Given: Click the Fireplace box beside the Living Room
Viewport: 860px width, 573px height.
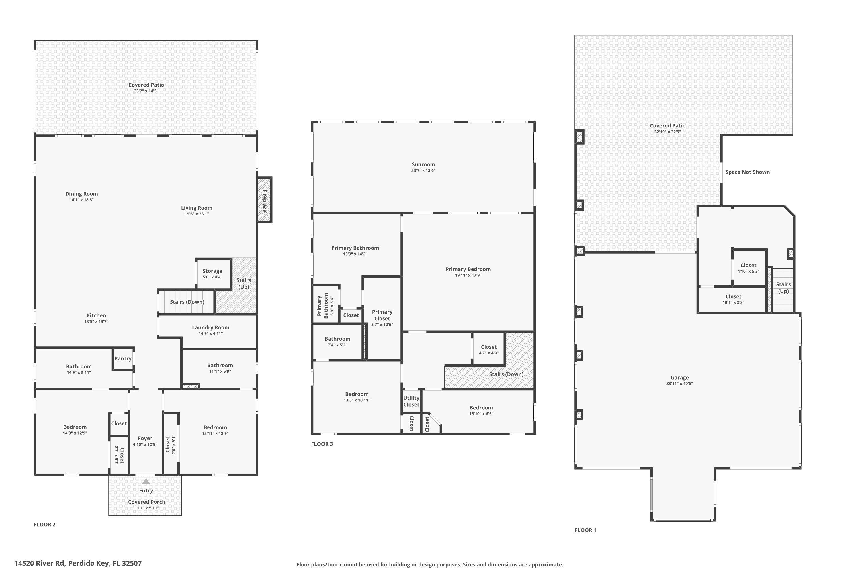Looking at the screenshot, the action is (x=264, y=200).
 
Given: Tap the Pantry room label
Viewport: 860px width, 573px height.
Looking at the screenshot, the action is (x=123, y=358).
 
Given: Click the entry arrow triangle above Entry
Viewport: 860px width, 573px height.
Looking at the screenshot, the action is (x=146, y=481).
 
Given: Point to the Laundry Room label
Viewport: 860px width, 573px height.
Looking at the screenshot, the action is (x=211, y=327).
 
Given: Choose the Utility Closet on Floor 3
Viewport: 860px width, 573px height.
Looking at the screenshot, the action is (x=411, y=401).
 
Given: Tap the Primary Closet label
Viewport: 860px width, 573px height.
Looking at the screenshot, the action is (x=382, y=315).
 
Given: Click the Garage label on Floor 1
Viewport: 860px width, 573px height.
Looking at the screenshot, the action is (x=679, y=378).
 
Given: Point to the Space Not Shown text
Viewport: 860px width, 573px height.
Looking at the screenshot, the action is (x=747, y=172).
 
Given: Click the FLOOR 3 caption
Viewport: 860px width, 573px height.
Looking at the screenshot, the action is (x=322, y=444).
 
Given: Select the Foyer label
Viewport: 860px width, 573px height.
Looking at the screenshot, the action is (x=145, y=438).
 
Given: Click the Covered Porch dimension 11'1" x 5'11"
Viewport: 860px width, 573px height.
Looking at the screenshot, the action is (x=146, y=508).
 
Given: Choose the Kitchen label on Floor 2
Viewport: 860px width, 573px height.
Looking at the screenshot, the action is (x=96, y=315).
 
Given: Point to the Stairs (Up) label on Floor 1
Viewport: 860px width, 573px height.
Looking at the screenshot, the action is (x=783, y=288).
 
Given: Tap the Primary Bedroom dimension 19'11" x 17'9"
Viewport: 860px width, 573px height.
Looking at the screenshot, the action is (x=468, y=275).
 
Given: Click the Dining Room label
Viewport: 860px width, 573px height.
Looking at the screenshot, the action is (x=81, y=194).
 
